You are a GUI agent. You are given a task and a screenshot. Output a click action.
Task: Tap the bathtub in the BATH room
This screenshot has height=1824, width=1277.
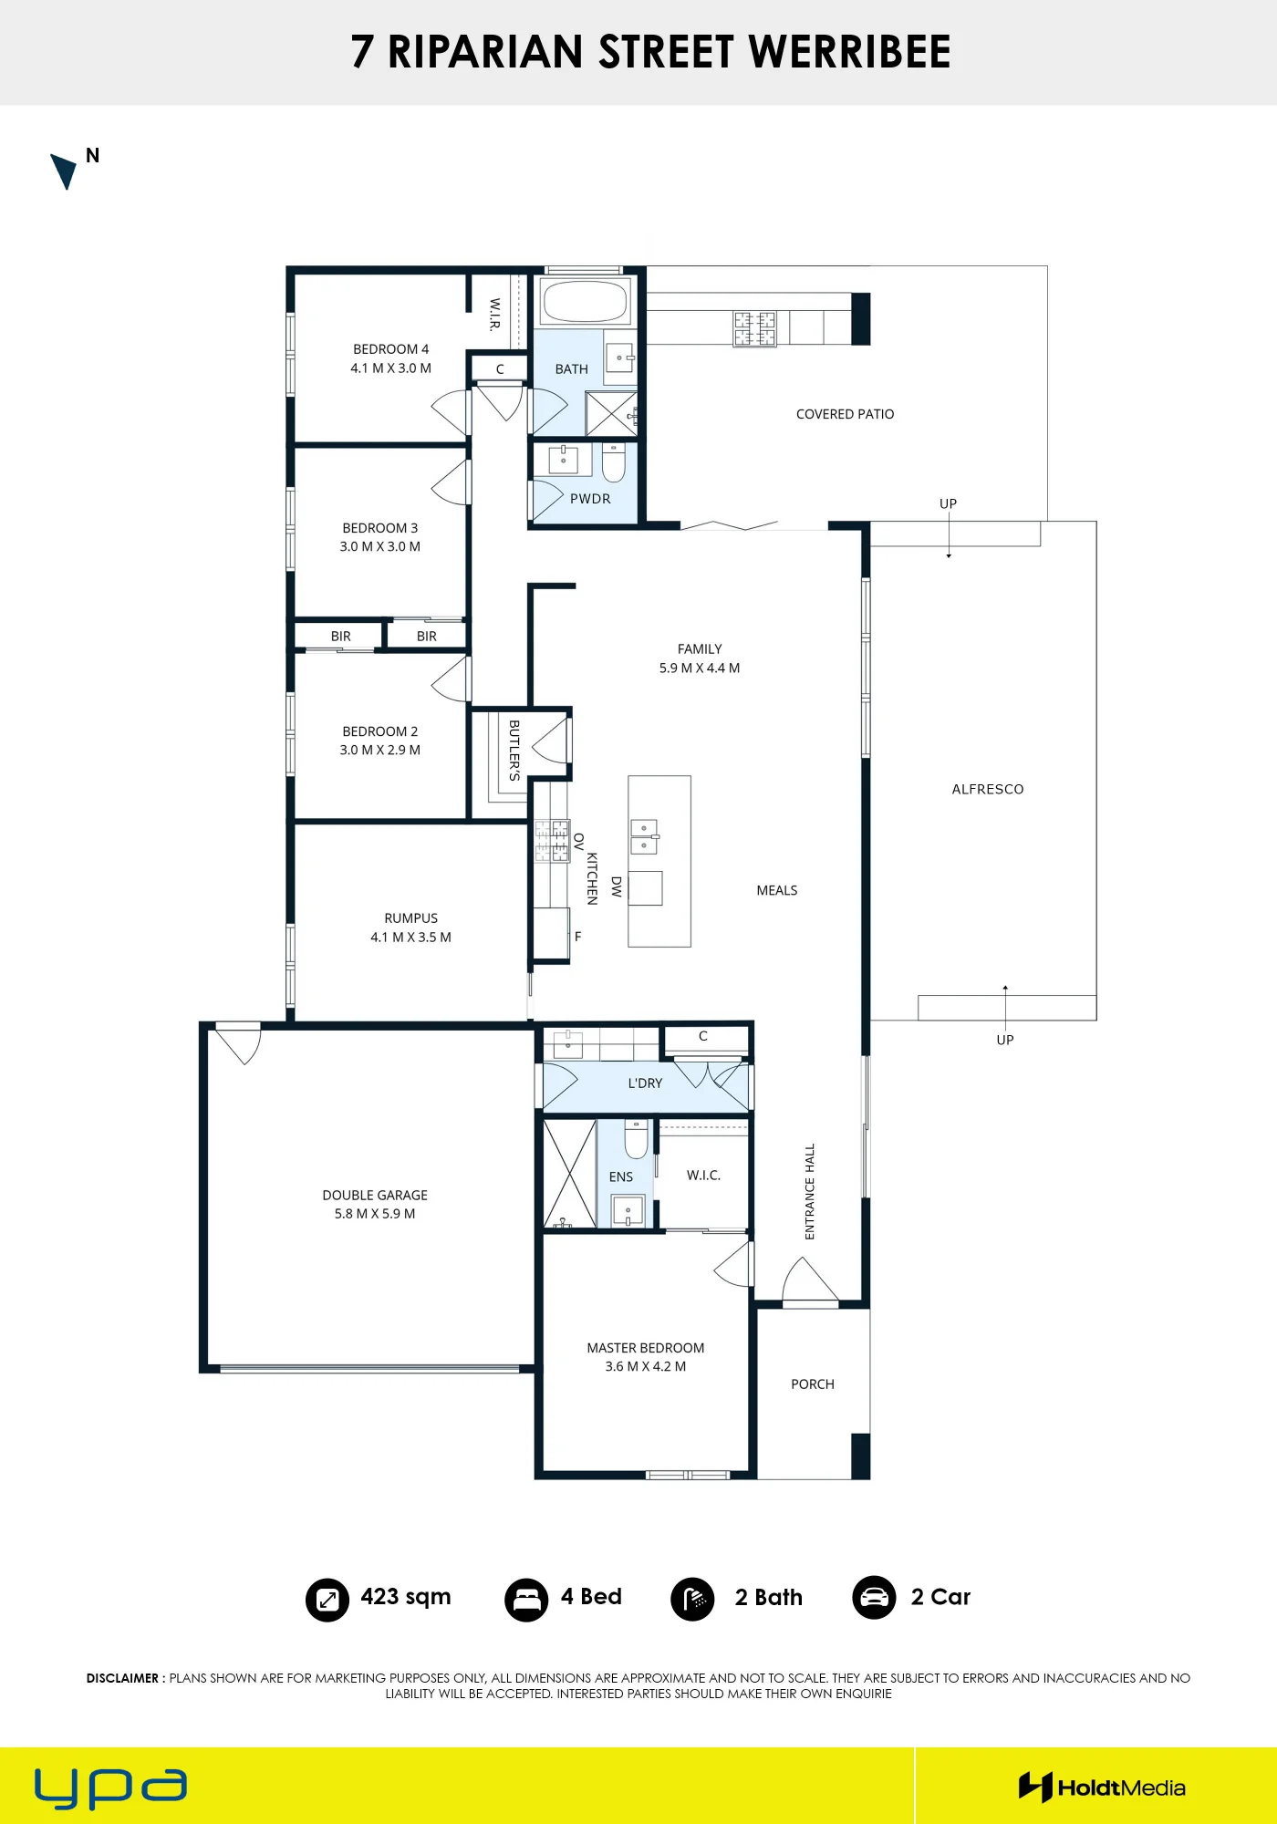585,300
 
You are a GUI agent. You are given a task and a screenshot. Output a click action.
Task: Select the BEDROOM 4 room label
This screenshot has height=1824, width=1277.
390,358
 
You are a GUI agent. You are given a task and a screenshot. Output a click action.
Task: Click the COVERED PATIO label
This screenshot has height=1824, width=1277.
845,414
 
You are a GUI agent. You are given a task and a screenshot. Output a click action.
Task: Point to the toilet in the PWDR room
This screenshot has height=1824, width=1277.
614,462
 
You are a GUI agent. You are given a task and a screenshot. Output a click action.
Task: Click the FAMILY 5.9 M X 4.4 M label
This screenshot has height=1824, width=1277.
700,658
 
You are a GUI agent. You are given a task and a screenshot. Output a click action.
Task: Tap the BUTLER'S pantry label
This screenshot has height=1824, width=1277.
514,750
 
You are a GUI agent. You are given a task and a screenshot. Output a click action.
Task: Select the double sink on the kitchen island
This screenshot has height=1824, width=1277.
644,836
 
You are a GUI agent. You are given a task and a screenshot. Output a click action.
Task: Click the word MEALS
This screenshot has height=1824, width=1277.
777,890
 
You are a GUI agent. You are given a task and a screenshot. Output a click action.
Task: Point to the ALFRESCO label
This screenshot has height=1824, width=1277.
988,789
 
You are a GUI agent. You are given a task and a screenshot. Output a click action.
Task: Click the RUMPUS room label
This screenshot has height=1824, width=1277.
410,928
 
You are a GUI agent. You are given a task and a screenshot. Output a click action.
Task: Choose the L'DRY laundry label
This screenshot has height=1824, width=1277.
645,1083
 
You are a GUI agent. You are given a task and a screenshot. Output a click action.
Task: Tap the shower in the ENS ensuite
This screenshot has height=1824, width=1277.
570,1174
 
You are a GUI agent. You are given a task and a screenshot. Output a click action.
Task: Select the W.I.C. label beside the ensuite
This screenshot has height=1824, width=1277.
703,1176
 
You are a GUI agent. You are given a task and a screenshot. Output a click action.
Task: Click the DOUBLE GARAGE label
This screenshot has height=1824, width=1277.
375,1204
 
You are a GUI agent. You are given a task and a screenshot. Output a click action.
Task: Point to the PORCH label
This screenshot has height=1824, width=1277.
813,1384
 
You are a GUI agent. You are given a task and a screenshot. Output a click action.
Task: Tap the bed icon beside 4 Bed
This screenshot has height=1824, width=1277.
526,1600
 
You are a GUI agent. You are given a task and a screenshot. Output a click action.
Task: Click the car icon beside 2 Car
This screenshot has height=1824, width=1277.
874,1598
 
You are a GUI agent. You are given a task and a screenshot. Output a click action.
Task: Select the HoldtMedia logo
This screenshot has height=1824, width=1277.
1102,1788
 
